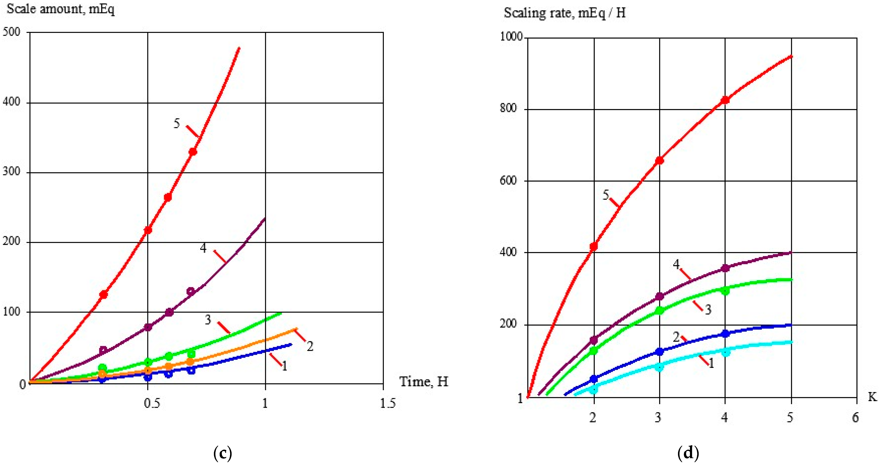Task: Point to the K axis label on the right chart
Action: coord(872,397)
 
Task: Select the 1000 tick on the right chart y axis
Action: coord(511,36)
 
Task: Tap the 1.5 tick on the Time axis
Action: coord(387,404)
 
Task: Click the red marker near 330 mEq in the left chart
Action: coord(193,152)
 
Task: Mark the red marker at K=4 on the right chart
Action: coord(725,100)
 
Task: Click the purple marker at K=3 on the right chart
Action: coord(659,296)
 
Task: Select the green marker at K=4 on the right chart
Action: coord(725,291)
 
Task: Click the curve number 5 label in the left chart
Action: coord(177,123)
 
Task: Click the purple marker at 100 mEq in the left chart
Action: coord(169,312)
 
